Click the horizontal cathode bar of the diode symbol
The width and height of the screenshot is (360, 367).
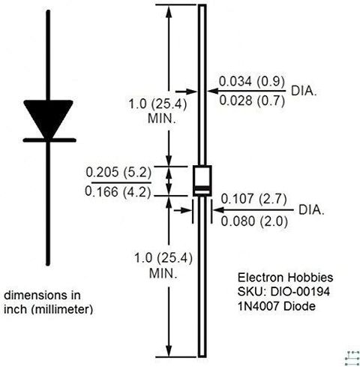49,140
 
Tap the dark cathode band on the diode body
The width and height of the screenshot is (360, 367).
202,188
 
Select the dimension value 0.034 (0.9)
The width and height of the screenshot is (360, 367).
252,81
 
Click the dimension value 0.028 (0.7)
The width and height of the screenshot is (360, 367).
252,101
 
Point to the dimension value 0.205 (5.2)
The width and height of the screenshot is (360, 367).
118,173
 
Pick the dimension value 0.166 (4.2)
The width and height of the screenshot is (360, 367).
118,192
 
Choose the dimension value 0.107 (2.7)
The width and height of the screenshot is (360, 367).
253,199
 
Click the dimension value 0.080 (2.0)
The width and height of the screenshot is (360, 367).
254,221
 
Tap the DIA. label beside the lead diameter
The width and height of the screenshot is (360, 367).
304,91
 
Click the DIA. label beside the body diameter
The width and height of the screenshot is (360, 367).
311,210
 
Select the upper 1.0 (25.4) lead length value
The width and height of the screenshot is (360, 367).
157,104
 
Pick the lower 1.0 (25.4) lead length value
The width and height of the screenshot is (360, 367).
163,258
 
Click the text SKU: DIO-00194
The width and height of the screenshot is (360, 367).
283,292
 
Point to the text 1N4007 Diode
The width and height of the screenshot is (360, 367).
277,306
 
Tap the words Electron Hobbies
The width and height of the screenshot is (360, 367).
285,278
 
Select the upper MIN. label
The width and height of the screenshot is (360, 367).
162,119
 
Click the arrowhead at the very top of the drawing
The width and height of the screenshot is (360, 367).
169,11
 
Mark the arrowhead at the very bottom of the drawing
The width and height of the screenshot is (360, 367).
169,350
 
